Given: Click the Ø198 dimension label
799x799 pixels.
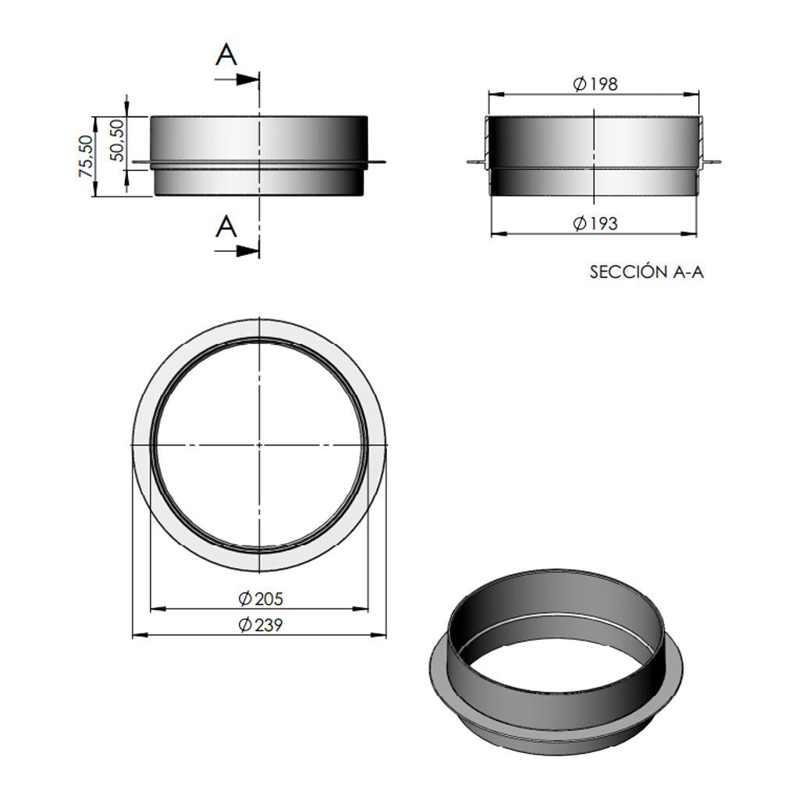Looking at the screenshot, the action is click(x=595, y=84).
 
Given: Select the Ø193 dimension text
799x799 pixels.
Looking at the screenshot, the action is click(x=595, y=223).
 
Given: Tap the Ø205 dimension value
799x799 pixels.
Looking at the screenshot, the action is click(x=261, y=598).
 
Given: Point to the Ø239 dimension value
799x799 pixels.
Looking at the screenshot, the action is click(x=261, y=625).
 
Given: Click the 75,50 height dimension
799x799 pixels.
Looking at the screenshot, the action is click(x=86, y=156).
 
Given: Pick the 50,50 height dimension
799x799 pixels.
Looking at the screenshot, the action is click(x=117, y=140).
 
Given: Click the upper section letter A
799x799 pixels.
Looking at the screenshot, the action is click(x=226, y=55).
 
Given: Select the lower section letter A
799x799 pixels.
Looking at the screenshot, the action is click(x=226, y=227).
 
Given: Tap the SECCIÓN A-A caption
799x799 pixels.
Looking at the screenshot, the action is click(x=647, y=272).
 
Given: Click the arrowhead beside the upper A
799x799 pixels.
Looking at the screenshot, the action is click(x=248, y=80).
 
